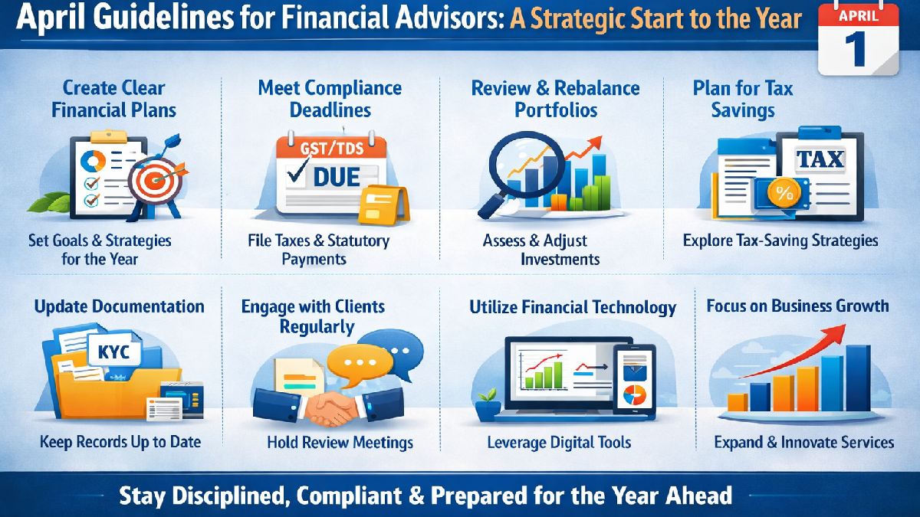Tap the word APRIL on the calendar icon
tap(859, 15)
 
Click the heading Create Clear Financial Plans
tap(113, 99)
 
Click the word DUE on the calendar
tap(336, 177)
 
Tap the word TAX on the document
tap(820, 159)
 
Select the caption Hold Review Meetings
tap(340, 442)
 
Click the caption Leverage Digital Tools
tap(559, 442)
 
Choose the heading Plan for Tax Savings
tap(743, 99)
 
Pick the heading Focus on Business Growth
tap(797, 306)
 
